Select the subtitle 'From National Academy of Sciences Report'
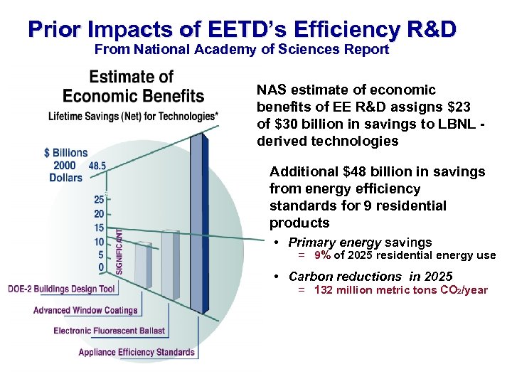point(242,50)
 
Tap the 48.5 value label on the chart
point(97,165)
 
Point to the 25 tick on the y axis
point(99,200)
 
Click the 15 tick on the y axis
point(99,228)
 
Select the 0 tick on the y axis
point(102,267)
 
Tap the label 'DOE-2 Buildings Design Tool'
point(62,289)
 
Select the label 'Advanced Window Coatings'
point(85,310)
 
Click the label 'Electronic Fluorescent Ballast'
point(110,331)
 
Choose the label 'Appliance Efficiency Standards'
point(137,352)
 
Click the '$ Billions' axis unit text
point(65,153)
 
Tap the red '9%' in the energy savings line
point(321,256)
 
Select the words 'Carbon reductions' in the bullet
point(334,277)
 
